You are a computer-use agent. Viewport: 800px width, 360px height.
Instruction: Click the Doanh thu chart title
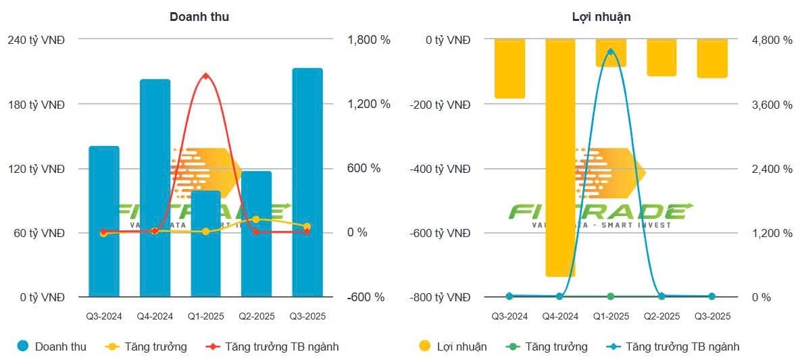point(199,17)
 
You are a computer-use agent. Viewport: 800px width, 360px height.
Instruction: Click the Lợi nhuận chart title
point(601,17)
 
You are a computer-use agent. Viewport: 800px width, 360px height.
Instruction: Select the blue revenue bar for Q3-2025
point(307,182)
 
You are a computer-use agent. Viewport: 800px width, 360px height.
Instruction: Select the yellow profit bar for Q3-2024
point(509,68)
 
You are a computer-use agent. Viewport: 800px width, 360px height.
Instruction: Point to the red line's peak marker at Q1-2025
point(206,76)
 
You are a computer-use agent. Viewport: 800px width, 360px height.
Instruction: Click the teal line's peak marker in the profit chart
point(611,52)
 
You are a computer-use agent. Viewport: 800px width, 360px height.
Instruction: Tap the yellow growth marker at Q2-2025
point(256,220)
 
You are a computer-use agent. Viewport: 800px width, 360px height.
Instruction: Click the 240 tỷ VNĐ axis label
point(36,40)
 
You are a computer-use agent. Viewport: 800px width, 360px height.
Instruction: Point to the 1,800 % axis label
point(369,40)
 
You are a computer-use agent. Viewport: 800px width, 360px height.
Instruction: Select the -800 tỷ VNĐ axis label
point(440,297)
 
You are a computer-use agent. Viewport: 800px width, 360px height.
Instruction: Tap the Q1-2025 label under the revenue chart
point(206,316)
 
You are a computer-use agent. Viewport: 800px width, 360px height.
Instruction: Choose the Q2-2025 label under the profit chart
point(661,316)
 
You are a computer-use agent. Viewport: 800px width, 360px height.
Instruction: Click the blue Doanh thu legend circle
point(24,346)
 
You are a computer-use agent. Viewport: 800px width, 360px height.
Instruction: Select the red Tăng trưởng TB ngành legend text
point(282,346)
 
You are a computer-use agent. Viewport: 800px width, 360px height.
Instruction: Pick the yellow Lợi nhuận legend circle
point(425,346)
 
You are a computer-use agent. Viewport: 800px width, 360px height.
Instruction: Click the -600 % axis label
point(366,297)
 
